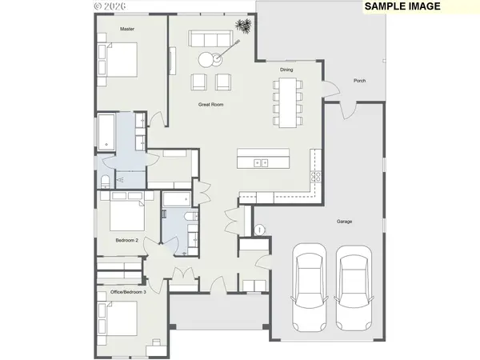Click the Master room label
(x=127, y=29)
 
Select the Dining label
(x=286, y=70)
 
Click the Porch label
(x=360, y=79)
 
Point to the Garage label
(x=344, y=222)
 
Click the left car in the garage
(x=308, y=288)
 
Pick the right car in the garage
(x=353, y=288)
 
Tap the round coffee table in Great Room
(x=207, y=58)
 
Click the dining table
(x=286, y=100)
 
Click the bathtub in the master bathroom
(x=106, y=132)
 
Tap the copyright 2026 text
(x=109, y=5)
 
